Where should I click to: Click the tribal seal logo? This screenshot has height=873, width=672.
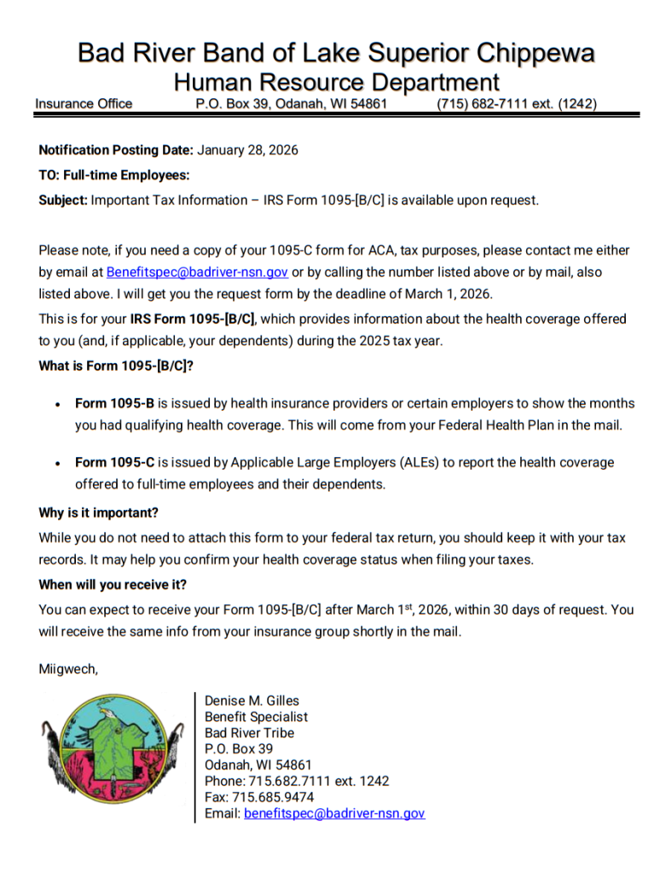point(112,744)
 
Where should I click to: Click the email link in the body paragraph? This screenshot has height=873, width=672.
point(197,272)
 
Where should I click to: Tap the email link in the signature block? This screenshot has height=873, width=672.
point(334,813)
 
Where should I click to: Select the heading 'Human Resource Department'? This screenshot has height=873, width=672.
point(336,83)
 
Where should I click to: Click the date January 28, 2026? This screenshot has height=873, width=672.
point(248,150)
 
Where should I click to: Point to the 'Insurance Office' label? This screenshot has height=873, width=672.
point(84,104)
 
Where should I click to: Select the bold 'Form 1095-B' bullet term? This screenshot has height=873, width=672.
point(114,403)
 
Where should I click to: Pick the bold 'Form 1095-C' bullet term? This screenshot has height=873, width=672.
point(114,462)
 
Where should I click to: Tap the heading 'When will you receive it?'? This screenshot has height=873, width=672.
point(113,585)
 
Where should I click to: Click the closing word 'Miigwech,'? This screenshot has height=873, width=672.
point(68,668)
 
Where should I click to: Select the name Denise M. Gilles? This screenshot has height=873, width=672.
point(252,701)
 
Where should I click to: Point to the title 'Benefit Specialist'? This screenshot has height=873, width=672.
point(256,717)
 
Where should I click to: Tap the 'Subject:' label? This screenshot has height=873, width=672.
point(63,199)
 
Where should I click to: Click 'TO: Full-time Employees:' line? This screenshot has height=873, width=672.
point(113,175)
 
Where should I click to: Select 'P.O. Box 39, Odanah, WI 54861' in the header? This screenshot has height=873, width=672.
point(292,104)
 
